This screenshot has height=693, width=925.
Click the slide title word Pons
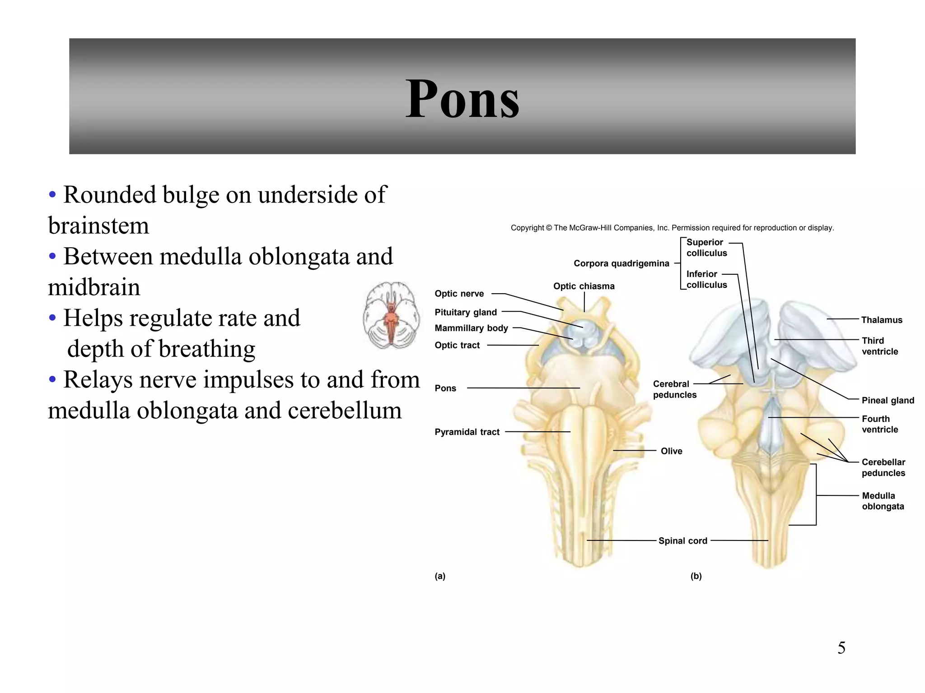pos(462,99)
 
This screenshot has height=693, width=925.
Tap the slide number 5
pos(841,648)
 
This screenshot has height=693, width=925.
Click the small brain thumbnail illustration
pos(391,315)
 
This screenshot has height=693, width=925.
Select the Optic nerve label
pos(459,294)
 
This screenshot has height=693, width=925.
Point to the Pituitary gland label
pos(466,312)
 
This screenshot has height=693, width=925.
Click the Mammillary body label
pos(471,328)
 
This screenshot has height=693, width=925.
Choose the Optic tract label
pos(457,345)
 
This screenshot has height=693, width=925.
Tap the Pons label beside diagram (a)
pos(445,388)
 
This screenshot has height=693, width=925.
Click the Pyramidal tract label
pos(467,432)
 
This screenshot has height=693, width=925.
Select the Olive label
pos(671,451)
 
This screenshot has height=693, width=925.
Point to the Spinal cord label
pos(682,541)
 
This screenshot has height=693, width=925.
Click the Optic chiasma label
pos(584,286)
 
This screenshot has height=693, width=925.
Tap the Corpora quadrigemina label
pos(621,263)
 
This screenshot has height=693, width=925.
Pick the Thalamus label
pos(881,320)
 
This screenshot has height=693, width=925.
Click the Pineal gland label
pos(888,400)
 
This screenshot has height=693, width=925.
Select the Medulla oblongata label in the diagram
pos(883,501)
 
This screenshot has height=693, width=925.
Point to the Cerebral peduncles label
pos(674,389)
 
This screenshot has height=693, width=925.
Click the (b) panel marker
pos(696,576)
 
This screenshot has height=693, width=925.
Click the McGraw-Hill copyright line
pos(672,228)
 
